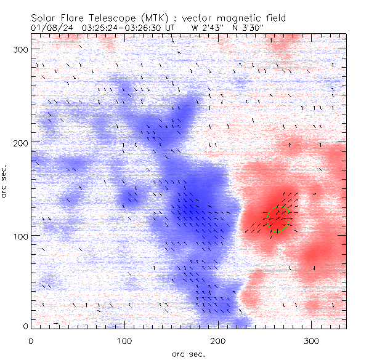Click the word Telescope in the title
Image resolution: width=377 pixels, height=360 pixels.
(102, 17)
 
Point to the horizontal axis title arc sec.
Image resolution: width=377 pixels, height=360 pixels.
(188, 353)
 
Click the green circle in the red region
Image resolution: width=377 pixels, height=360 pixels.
(279, 218)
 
